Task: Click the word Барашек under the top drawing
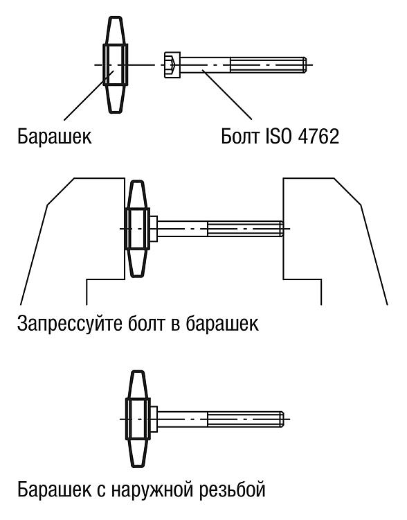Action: (55, 136)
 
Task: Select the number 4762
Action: (318, 136)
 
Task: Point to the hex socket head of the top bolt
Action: (172, 64)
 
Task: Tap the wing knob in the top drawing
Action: (115, 64)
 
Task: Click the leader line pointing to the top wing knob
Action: (89, 95)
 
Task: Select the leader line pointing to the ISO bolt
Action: (227, 94)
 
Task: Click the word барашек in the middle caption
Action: (222, 323)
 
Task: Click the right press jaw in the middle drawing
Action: (335, 241)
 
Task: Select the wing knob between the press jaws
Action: (138, 229)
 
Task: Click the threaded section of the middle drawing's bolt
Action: (246, 229)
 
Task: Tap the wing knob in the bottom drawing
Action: (138, 419)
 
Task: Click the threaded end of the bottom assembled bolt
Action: (246, 419)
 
